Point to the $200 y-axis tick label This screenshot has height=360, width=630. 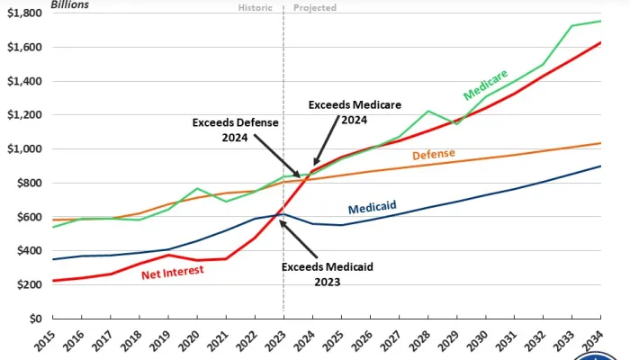pyautogui.click(x=24, y=284)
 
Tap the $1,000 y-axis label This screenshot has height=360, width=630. pyautogui.click(x=21, y=148)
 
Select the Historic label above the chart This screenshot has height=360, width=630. pyautogui.click(x=256, y=8)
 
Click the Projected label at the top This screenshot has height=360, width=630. pyautogui.click(x=315, y=8)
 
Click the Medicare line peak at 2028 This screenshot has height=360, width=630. pyautogui.click(x=427, y=111)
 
